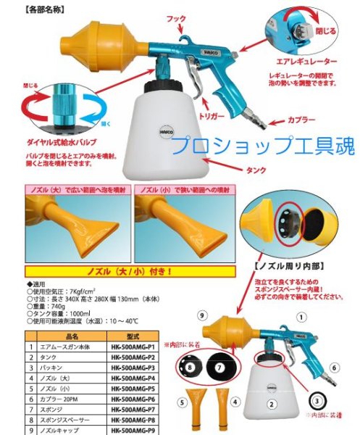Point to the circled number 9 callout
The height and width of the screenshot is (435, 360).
point(203,316)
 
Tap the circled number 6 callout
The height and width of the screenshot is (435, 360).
point(335,368)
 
